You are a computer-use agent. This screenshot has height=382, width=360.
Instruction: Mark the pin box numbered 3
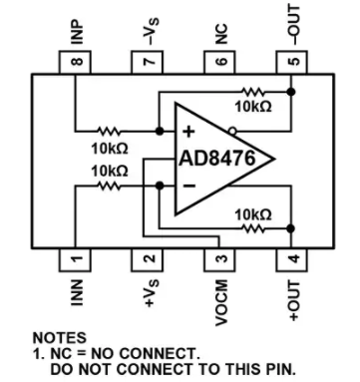tap(219, 258)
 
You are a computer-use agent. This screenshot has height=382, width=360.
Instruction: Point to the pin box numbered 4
tap(291, 258)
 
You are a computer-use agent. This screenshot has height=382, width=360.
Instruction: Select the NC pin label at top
tap(219, 29)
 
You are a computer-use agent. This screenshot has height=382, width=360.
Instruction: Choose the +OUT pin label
tap(292, 299)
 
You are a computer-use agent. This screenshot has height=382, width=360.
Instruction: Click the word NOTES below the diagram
tap(59, 338)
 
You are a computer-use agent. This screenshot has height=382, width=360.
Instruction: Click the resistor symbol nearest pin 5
tap(250, 90)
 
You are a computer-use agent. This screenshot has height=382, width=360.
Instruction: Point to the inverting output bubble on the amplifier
tap(231, 129)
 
